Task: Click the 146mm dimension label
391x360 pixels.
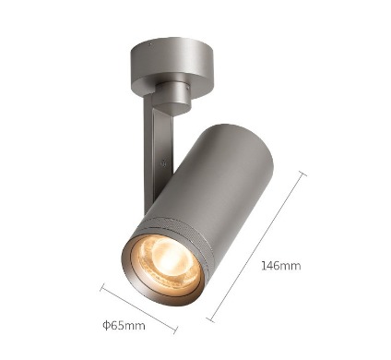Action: coord(281,265)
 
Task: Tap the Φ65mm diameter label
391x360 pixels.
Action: coord(124,325)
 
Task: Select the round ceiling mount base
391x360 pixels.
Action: coord(172,66)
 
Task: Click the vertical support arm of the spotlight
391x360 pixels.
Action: coord(159,154)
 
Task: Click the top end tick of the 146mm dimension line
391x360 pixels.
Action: coord(301,174)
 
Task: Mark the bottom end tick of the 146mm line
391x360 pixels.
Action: coord(210,319)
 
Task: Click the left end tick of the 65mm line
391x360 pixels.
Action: coord(103,287)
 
